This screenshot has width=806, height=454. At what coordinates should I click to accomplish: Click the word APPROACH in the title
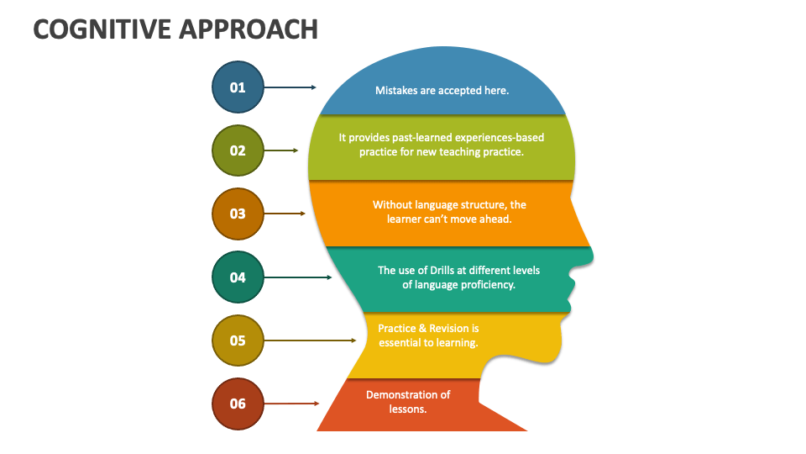pos(249,29)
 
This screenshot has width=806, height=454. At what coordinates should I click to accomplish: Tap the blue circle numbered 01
pos(238,87)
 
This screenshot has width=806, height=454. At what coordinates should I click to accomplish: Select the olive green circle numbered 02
pos(238,150)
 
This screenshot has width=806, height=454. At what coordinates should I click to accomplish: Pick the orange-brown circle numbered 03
pos(238,214)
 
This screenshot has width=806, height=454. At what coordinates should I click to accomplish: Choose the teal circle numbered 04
pos(238,277)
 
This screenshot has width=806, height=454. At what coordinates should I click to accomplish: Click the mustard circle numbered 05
pos(238,340)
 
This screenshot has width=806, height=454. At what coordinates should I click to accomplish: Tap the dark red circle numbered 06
pos(238,404)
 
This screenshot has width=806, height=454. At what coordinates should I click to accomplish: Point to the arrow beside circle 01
pos(290,87)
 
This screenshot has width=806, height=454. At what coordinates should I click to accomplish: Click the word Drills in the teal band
pos(445,270)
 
